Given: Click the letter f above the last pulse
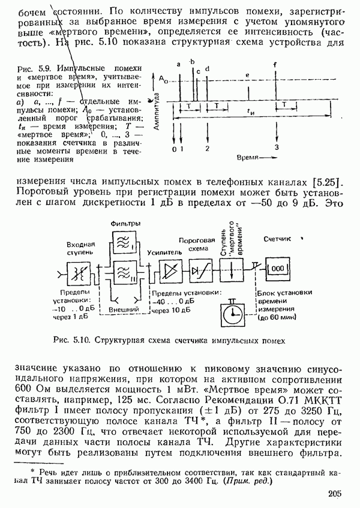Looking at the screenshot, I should [275, 64].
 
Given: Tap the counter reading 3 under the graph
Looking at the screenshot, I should [277, 147].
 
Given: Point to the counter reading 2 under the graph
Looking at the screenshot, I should [207, 148].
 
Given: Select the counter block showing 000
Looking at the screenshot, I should [277, 269].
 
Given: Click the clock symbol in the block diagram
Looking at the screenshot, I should [229, 313].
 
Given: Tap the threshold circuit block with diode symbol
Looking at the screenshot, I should [199, 270].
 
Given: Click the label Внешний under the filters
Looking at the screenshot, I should [125, 308].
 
